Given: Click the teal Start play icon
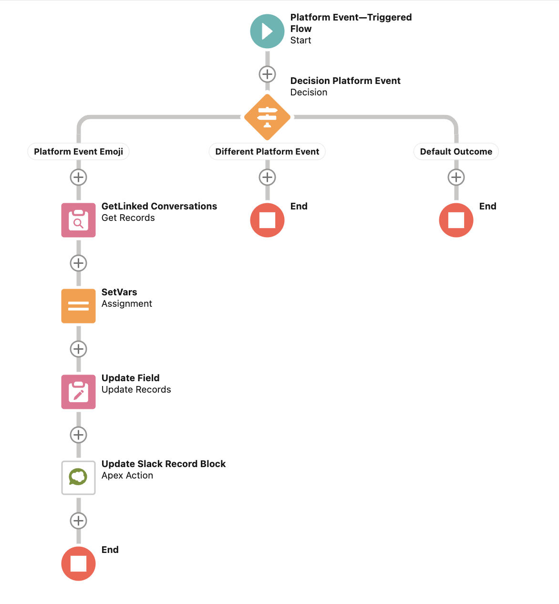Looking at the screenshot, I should point(267,31).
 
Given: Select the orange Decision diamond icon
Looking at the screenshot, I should point(267,117).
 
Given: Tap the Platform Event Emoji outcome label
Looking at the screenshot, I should point(78,152).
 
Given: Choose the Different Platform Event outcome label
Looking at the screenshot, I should point(267,152).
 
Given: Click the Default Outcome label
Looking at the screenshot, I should point(456,152).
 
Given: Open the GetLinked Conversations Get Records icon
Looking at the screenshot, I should point(78,220).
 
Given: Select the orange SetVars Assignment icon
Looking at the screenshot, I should point(78,306).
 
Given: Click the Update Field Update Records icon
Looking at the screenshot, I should point(78,392).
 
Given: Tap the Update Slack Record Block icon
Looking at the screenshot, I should point(78,478).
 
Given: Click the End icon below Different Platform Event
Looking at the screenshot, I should point(267,220).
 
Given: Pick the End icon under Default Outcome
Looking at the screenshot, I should point(456,220).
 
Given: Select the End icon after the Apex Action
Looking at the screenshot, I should point(78,563).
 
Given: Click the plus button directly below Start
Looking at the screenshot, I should point(267,74).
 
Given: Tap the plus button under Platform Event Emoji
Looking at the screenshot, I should point(78,177).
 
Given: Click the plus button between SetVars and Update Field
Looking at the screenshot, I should point(78,349).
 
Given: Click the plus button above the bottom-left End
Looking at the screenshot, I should point(78,521).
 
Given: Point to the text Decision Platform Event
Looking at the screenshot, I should point(345,81).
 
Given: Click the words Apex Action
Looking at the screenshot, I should point(127,476).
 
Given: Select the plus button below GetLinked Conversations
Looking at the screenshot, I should point(78,263).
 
